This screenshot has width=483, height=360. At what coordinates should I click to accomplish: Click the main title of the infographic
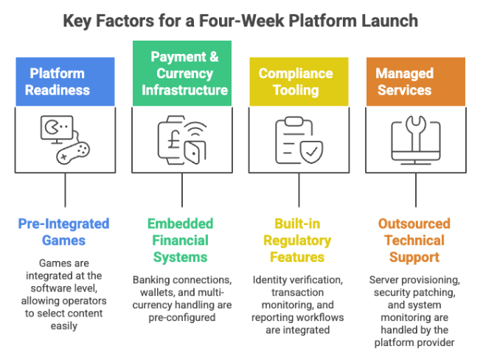tap(241, 20)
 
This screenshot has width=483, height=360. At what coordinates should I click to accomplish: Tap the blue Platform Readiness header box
tap(66, 81)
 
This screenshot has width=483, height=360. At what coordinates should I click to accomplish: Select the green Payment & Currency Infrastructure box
tap(181, 74)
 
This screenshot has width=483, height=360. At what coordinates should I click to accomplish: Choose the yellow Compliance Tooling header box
tap(297, 81)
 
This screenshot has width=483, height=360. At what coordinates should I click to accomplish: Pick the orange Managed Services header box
tap(415, 81)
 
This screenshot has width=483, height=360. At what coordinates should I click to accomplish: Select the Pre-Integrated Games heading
tap(66, 232)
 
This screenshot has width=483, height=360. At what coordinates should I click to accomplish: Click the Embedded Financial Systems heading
tap(181, 240)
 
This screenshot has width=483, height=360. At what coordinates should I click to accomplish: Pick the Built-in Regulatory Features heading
tap(297, 240)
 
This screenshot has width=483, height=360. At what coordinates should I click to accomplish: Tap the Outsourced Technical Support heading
tap(415, 240)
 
